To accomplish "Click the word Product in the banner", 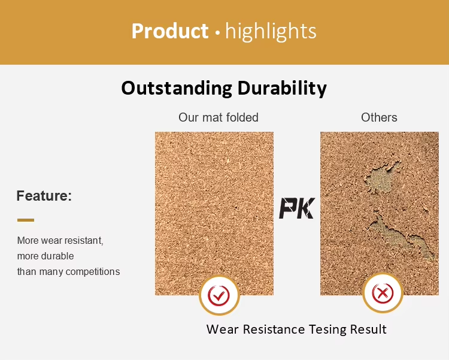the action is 170,31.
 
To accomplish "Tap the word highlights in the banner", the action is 271,32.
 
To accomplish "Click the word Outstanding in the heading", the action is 177,87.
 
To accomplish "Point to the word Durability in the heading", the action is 282,87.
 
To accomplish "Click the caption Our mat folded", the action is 219,117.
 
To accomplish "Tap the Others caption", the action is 379,117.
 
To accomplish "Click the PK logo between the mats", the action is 297,208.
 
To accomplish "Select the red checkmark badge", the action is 219,295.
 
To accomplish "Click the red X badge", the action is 383,294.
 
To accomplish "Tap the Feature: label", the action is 44,196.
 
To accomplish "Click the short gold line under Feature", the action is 26,220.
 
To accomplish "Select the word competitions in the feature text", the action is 92,272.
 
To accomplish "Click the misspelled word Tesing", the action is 327,329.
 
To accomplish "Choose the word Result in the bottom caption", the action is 368,329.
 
